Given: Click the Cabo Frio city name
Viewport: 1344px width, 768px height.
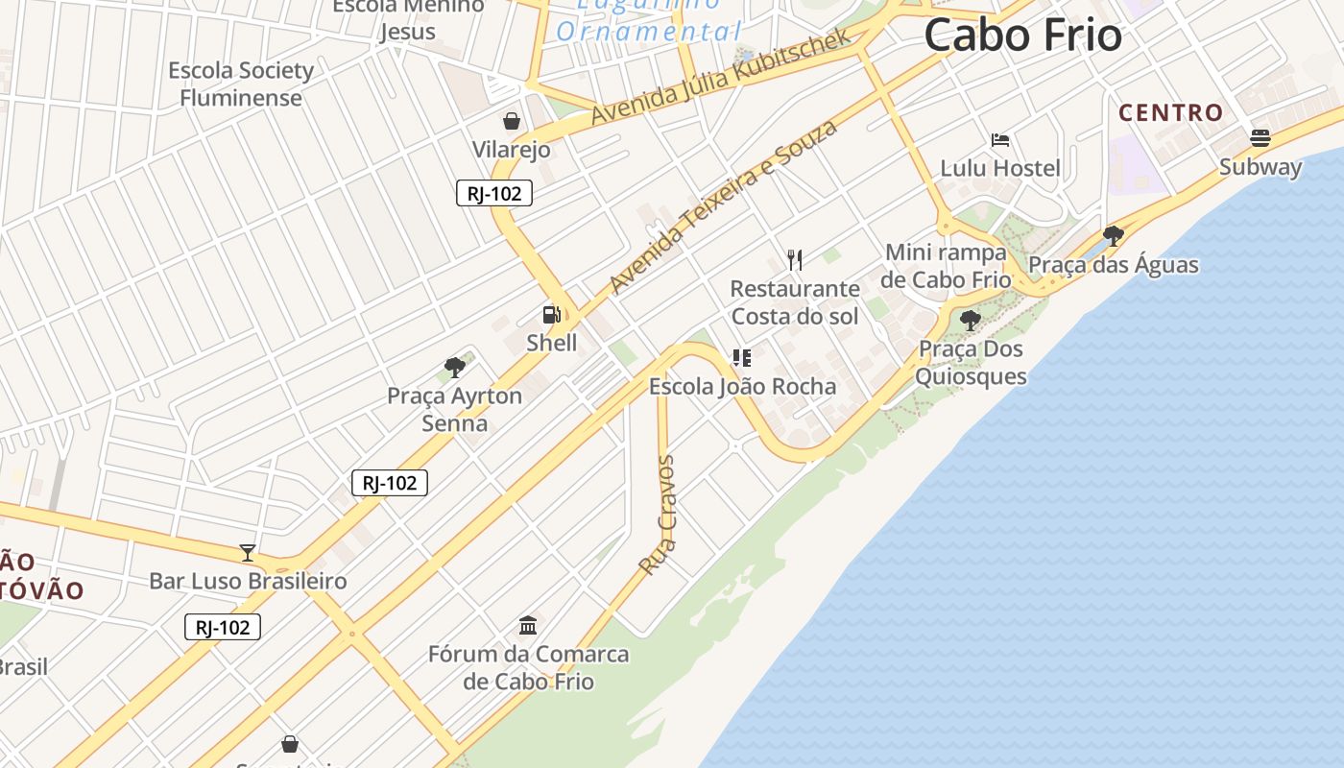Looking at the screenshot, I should tap(1022, 36).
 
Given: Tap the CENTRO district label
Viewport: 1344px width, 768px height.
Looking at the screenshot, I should tap(1170, 112).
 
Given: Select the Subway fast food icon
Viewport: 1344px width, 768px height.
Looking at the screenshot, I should tap(1260, 138).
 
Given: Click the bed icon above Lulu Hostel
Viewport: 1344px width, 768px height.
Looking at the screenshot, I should tap(1000, 140).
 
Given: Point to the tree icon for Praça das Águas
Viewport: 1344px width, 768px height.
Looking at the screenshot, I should tap(1114, 235).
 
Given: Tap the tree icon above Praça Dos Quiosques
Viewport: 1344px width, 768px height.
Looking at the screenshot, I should tap(970, 320).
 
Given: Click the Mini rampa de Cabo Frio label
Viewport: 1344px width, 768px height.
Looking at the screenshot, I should tap(946, 266).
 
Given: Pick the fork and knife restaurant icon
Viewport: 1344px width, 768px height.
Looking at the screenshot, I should tap(795, 259).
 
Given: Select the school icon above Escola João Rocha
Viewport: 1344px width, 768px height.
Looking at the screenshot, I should tap(742, 358).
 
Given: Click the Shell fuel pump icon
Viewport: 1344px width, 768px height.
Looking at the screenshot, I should tap(551, 314).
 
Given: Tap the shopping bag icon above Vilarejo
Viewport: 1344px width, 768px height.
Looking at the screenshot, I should tap(512, 121).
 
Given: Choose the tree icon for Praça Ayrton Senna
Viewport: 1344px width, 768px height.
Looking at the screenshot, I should tap(455, 367).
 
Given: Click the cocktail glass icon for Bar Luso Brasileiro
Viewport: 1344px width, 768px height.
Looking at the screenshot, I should tap(248, 552).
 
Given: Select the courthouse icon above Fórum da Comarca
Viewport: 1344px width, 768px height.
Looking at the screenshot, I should tap(528, 626).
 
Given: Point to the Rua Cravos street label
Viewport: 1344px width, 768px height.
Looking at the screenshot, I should tap(659, 516).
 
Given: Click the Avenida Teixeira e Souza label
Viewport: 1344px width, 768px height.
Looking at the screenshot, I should tap(723, 206).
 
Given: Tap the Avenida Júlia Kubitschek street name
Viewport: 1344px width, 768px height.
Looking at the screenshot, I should tap(720, 76).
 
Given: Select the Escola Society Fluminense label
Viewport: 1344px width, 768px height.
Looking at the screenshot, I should tap(241, 84).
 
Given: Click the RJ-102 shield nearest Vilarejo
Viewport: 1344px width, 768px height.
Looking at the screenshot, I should tap(493, 194).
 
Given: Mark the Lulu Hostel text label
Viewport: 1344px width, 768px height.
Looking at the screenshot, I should tap(1000, 168).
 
